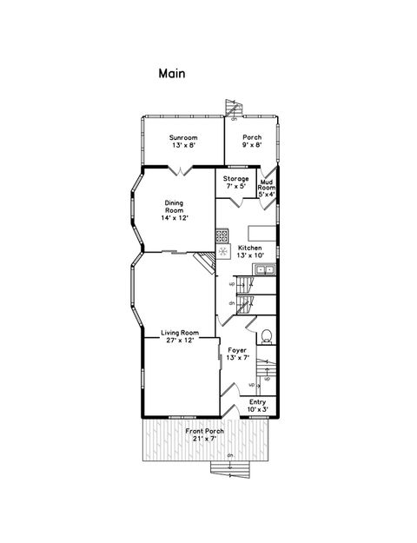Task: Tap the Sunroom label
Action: [182, 137]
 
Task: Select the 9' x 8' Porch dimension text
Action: [252, 146]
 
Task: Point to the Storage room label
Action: [236, 179]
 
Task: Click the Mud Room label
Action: [267, 184]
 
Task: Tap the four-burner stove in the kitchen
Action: [222, 235]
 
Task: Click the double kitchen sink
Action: [264, 269]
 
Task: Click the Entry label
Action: [257, 401]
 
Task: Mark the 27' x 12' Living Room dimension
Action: [180, 341]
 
